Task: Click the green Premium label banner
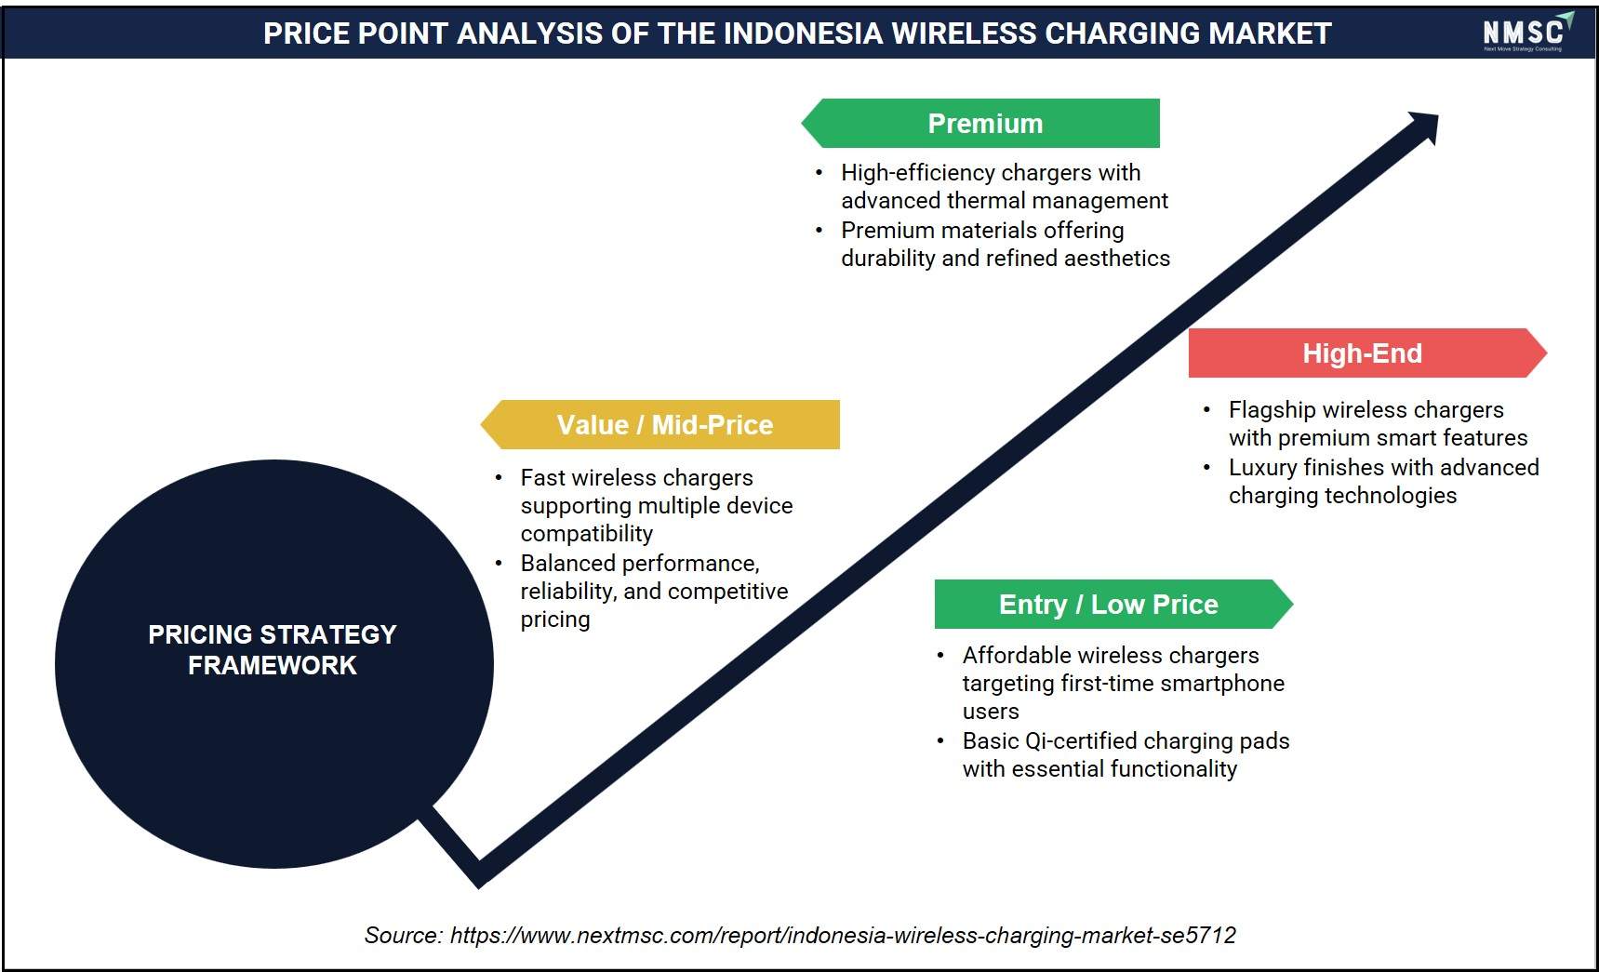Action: coord(980,123)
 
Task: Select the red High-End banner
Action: coord(1367,353)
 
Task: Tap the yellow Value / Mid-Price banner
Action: coord(660,424)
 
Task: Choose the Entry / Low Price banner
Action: coord(1113,604)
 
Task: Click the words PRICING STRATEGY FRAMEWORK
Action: coord(273,649)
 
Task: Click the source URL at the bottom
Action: coord(843,935)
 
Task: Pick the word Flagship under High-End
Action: coord(1272,410)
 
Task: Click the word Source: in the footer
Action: coord(404,935)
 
